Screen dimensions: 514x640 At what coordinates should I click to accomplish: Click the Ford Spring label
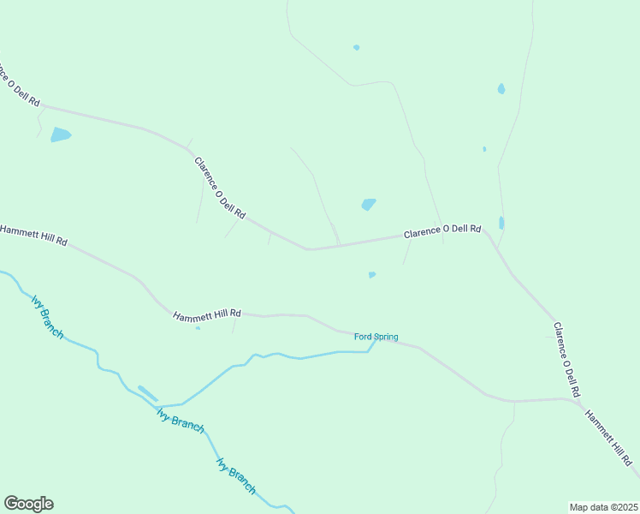[376, 337]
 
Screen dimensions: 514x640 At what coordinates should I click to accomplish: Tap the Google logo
[28, 504]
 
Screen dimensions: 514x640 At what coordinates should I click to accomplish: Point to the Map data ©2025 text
[604, 507]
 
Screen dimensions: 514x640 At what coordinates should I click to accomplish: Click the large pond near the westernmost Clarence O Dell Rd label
[61, 134]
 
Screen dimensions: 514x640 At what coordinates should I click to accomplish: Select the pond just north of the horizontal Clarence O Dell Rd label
[369, 204]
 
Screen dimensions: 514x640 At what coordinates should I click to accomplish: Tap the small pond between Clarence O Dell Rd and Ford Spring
[371, 275]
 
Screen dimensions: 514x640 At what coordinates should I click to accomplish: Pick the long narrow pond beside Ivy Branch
[148, 393]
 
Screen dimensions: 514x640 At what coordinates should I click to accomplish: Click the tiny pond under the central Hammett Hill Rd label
[198, 328]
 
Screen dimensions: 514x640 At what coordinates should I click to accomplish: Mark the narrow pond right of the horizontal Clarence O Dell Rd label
[501, 223]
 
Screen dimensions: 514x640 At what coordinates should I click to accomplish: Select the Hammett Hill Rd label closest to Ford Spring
[207, 316]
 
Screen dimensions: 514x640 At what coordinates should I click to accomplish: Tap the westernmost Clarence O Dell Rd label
[19, 83]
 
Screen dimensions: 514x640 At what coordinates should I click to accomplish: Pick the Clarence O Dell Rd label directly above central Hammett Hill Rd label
[220, 188]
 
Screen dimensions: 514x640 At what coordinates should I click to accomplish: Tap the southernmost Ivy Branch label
[236, 476]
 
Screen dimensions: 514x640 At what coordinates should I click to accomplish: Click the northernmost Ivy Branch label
[47, 316]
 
